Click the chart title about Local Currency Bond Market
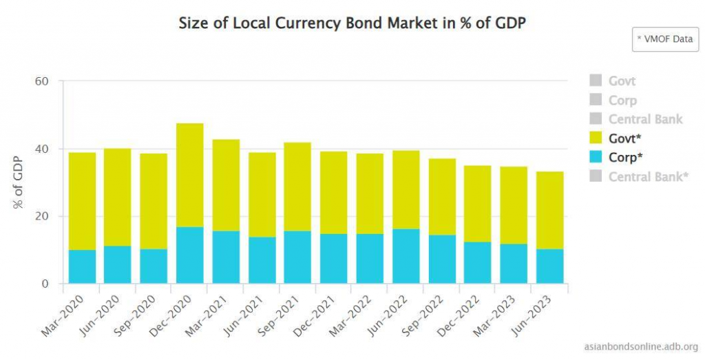[x=352, y=23]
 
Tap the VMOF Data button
[x=664, y=39]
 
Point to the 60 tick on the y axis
[x=42, y=81]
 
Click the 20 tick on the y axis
[x=42, y=216]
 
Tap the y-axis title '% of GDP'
[x=19, y=182]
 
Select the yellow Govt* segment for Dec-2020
[x=190, y=175]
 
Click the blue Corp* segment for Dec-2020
[x=190, y=255]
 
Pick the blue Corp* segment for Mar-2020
[x=82, y=266]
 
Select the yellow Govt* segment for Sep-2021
[x=298, y=187]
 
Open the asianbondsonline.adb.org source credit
[x=640, y=346]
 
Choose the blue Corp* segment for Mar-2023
[x=514, y=264]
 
